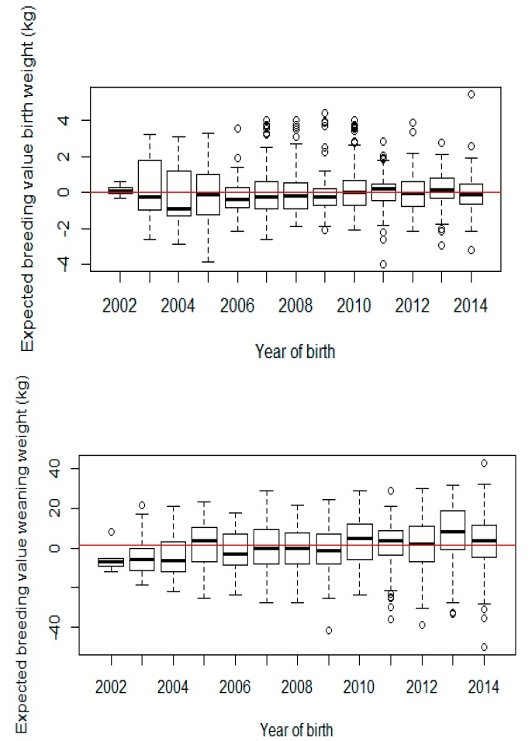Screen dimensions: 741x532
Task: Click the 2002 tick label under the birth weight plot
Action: (x=119, y=305)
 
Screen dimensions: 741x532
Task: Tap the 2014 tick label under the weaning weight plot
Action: (x=483, y=685)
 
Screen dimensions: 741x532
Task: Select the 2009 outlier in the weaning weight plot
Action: (x=329, y=630)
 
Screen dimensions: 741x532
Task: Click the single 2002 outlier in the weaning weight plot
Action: (x=111, y=532)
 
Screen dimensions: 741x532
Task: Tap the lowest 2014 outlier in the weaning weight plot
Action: (x=483, y=646)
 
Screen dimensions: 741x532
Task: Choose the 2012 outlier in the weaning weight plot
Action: (x=422, y=625)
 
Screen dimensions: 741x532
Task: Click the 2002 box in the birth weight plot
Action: (x=119, y=190)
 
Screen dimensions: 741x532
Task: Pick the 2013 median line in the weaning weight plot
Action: (x=452, y=532)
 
